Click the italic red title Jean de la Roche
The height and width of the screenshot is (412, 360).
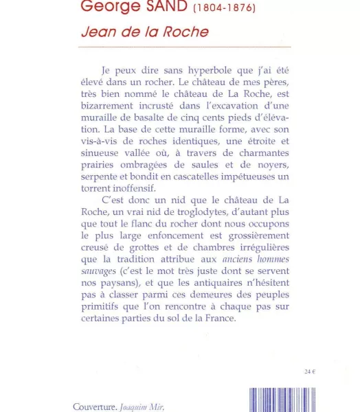[x=144, y=32]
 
